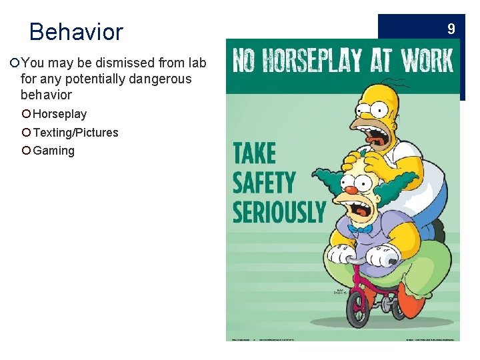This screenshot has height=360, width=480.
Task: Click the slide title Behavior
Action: point(76,31)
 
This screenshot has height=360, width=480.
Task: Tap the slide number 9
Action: point(451,29)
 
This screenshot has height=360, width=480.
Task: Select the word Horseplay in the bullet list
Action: point(60,114)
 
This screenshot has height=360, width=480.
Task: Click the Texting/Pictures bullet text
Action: point(75,132)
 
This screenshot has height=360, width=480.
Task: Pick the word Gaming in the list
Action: point(53,151)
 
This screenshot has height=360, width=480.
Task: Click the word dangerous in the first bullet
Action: point(159,79)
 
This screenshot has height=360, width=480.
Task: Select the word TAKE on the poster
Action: point(254,153)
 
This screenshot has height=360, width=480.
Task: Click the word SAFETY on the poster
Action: point(264,182)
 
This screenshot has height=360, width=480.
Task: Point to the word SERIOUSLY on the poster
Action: point(279,211)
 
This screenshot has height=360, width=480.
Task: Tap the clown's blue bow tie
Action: point(361,228)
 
